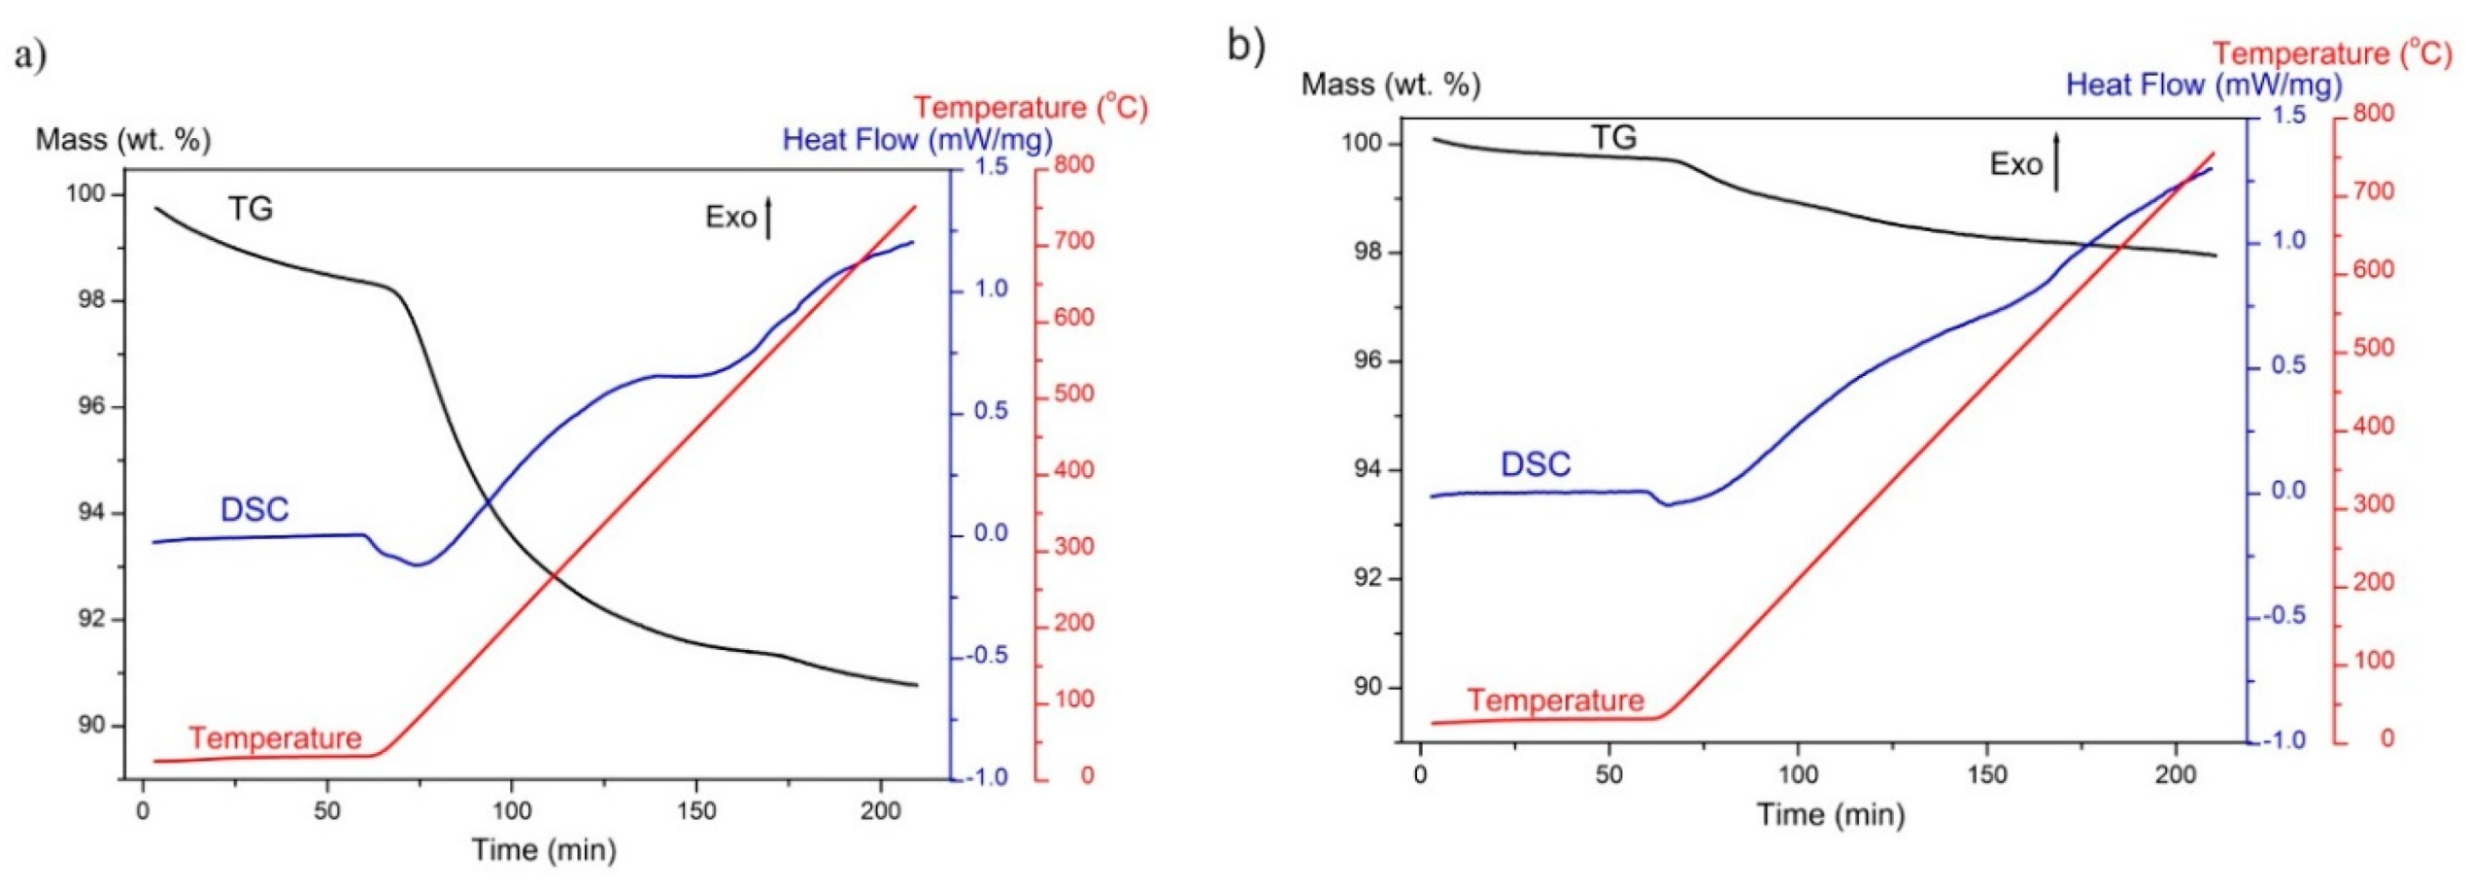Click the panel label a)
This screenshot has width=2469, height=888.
(30, 54)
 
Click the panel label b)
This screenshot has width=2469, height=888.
(1246, 45)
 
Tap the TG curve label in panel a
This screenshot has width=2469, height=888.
(251, 209)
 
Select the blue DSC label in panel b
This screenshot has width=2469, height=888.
(1535, 464)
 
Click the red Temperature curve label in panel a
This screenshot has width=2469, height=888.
(275, 738)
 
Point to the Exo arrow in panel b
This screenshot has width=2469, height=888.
(2055, 161)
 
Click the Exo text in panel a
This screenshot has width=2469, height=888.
(730, 217)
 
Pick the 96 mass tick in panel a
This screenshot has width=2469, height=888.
(91, 406)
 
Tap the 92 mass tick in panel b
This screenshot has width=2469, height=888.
(1368, 578)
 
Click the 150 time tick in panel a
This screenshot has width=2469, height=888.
(696, 811)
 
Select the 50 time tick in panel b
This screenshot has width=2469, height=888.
(1608, 775)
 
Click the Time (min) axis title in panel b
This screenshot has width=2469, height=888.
(1830, 814)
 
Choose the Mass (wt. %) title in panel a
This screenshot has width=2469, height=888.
(123, 140)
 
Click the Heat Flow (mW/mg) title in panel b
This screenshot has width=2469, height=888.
(2203, 85)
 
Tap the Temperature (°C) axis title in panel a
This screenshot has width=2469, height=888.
(1030, 107)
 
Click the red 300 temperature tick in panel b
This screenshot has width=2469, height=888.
(2373, 504)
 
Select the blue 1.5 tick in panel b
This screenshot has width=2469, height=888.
(2288, 116)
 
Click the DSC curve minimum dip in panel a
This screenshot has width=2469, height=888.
(419, 564)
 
